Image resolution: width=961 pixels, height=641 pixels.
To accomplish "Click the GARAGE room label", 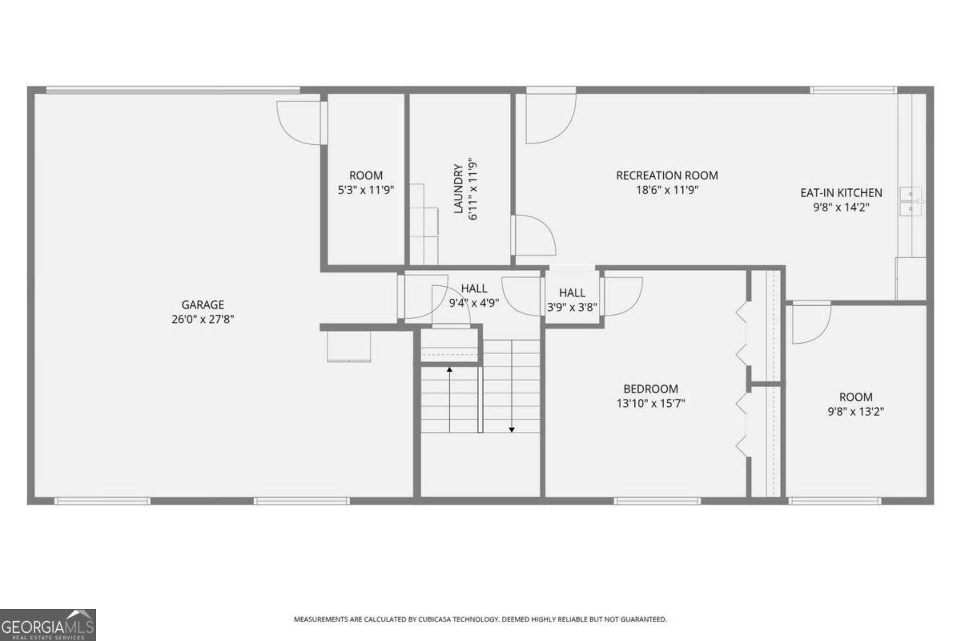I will point(202,304).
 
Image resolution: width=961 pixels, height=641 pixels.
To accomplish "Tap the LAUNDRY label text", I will point(458,189).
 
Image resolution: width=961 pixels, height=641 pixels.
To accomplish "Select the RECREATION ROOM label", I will point(666,175).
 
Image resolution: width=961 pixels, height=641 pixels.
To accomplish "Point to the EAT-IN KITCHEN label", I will point(841,192).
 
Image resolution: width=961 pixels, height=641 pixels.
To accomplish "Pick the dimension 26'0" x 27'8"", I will point(202,318).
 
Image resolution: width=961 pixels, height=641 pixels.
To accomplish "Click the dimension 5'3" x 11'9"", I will point(366,190).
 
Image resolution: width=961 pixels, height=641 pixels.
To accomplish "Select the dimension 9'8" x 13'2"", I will point(855,411).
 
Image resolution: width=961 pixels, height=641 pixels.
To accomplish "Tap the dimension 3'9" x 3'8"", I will point(572,307).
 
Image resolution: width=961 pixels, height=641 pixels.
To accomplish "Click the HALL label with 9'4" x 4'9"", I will point(473,289).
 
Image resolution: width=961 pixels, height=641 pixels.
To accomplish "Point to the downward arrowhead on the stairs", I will point(512,429).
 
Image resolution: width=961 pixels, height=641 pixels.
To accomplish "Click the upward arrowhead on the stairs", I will point(449,369).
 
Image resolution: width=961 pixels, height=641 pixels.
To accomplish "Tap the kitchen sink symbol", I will point(911,201).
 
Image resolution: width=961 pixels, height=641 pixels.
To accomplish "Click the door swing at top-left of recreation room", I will point(549,118).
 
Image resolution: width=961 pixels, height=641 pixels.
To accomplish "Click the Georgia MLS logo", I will point(48,624).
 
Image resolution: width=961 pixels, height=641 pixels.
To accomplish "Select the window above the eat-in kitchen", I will point(853,90).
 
